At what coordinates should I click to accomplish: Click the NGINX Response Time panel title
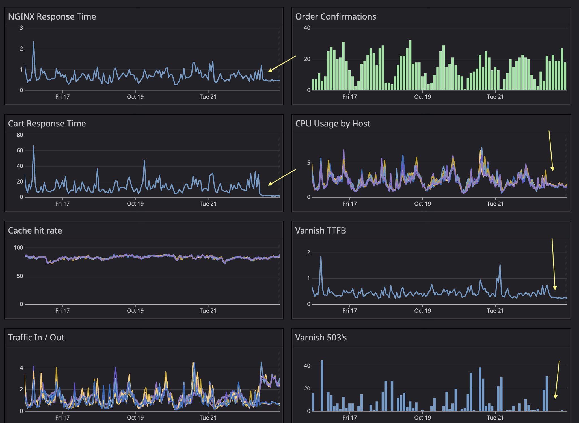coord(52,17)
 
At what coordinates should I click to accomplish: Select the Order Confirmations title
coord(336,17)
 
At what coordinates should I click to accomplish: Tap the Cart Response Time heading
coord(47,124)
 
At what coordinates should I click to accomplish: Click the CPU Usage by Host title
coord(332,124)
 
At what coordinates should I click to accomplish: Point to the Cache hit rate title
coord(35,230)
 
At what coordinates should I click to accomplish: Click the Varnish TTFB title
coord(321,230)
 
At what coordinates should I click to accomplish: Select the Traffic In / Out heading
coord(36,337)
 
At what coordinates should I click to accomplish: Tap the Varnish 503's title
coord(321,337)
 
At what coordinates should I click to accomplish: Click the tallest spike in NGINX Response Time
coord(34,42)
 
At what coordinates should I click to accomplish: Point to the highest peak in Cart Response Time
coord(34,146)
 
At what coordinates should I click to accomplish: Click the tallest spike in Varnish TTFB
coord(321,257)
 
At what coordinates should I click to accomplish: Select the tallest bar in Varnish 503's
coord(322,361)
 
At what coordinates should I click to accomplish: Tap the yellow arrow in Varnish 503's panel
coord(557,379)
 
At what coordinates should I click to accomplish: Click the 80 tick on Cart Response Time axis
coord(20,135)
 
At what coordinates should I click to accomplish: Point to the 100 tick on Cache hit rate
coord(18,248)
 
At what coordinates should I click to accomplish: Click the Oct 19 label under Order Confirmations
coord(422,97)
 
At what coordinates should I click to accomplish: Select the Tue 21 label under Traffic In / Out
coord(208,418)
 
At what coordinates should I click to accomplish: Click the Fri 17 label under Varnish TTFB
coord(349,311)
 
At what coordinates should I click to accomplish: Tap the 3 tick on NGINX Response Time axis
coord(21,28)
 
